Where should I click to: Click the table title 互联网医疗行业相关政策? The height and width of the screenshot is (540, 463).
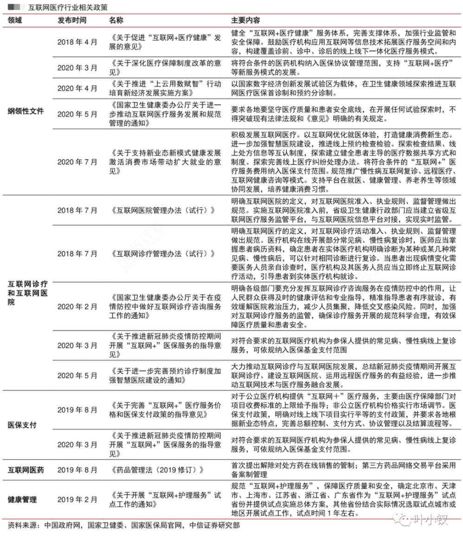tap(67, 7)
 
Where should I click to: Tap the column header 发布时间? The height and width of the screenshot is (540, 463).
tap(71, 21)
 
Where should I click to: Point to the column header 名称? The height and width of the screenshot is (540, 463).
tap(116, 21)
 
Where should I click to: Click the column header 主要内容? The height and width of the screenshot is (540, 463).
tap(245, 21)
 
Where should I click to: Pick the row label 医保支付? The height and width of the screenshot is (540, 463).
tap(22, 424)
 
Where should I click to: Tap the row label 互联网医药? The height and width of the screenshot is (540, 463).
tap(26, 470)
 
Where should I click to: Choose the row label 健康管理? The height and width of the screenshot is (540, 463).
tap(22, 500)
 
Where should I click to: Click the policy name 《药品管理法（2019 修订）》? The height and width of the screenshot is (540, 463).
tap(158, 470)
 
